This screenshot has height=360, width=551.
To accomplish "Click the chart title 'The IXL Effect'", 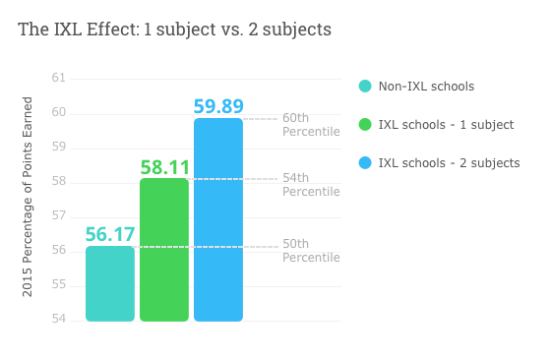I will point(174,30).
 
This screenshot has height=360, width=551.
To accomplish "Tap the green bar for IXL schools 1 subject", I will point(164,250).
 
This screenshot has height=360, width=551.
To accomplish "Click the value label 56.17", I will point(110,234).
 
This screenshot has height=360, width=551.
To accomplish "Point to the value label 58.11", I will point(164,167).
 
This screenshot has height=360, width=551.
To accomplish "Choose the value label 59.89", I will point(218,106).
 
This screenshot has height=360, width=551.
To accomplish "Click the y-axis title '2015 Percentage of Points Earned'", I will point(28,197).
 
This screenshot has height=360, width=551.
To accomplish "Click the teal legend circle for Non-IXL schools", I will point(365,87).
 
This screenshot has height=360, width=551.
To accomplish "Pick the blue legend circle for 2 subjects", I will point(365,162).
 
